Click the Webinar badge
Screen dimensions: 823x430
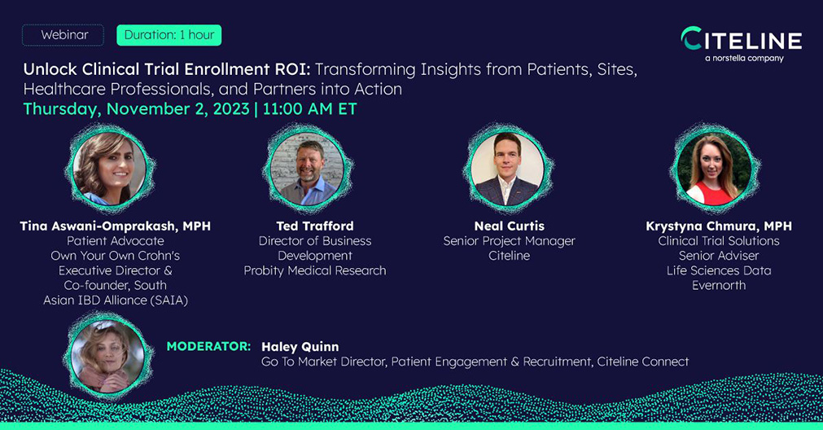point(63,35)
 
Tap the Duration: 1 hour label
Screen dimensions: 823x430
point(169,35)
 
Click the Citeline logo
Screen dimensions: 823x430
point(741,39)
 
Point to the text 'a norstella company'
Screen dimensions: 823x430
point(744,59)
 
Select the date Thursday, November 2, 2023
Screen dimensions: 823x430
point(137,108)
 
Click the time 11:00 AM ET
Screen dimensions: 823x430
point(309,108)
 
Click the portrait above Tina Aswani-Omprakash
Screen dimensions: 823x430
point(110,169)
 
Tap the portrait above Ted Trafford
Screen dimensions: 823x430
point(307,169)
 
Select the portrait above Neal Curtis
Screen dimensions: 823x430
point(507,169)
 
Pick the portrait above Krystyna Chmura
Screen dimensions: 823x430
point(715,169)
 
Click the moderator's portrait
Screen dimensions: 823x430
point(107,357)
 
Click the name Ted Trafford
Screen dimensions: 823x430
point(315,226)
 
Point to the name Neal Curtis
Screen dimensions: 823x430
point(509,226)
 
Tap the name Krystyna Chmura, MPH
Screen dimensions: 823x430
point(719,226)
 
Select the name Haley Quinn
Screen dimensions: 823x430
point(300,347)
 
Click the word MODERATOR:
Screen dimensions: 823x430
point(208,346)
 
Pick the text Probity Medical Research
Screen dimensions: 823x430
point(315,271)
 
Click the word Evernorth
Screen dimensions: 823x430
point(719,286)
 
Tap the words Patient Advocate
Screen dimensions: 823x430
point(116,241)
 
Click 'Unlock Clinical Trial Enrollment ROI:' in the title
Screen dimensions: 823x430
point(168,69)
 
